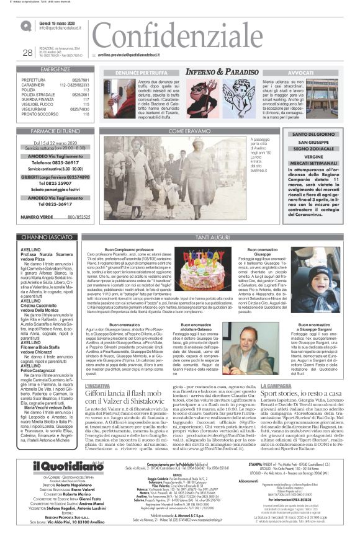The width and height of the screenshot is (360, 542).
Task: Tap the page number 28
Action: pyautogui.click(x=27, y=53)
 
